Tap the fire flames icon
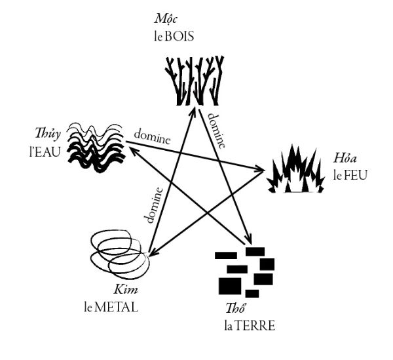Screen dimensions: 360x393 coord(296,171)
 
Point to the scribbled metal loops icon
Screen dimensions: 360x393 coord(118,255)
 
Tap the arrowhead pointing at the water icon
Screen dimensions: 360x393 coord(129,149)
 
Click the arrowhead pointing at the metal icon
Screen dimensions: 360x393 coord(151,251)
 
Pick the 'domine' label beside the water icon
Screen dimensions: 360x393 coord(152,138)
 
